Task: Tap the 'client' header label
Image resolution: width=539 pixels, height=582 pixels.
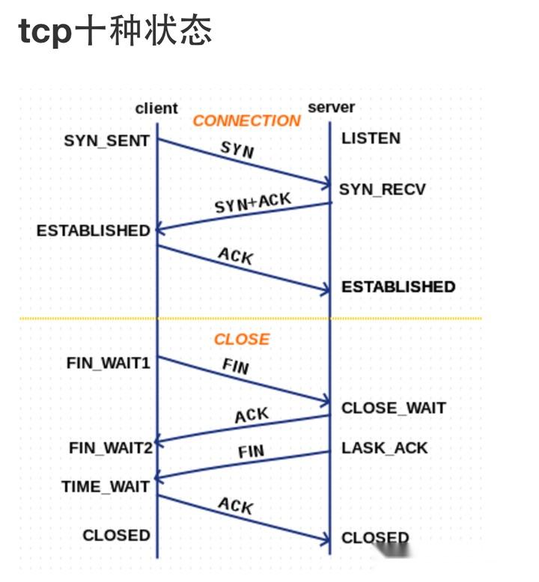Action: [x=156, y=108]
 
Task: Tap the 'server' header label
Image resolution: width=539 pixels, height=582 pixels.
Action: [x=331, y=108]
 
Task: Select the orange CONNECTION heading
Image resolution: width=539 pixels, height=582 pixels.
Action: [x=246, y=121]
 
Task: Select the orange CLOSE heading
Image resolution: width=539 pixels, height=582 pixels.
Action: [x=242, y=340]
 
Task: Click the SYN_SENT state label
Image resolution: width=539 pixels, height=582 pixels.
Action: [x=106, y=141]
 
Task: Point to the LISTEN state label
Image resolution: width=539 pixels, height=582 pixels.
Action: [x=371, y=138]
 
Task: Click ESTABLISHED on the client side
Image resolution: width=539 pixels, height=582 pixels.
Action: [x=94, y=230]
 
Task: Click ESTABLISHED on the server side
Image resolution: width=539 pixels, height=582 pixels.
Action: [x=398, y=287]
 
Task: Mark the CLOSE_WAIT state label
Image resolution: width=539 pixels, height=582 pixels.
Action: [x=394, y=408]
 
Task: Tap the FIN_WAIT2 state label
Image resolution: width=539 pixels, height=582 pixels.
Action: [x=111, y=448]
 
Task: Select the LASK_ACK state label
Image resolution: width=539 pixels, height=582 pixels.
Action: [x=385, y=448]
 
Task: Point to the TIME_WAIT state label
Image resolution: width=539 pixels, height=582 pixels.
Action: [x=106, y=487]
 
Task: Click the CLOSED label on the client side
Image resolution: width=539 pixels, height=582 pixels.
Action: [x=116, y=536]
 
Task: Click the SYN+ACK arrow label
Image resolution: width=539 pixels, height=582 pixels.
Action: [x=252, y=203]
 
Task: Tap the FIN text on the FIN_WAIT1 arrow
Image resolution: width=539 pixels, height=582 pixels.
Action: [x=236, y=367]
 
